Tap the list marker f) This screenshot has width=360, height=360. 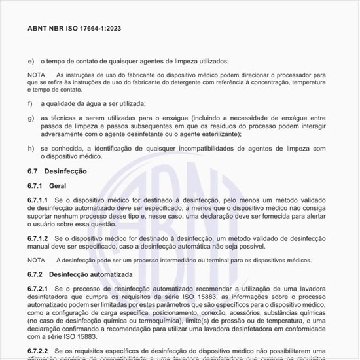coord(30,104)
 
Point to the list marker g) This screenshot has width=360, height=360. coord(31,118)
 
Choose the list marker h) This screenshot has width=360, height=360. coord(31,149)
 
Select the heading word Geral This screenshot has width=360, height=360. coord(58,187)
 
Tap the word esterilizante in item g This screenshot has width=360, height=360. coord(214,134)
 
